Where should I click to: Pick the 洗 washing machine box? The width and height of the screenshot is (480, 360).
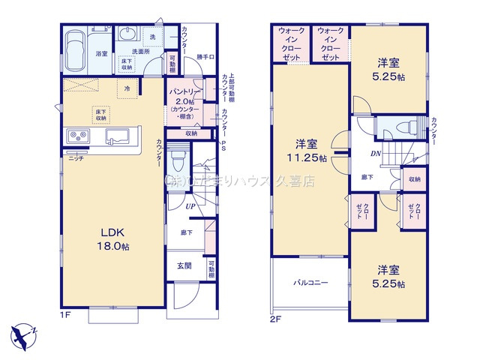(x=153, y=37)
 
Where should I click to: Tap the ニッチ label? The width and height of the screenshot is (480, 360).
(x=76, y=158)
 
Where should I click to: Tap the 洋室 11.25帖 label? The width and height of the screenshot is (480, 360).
(x=310, y=150)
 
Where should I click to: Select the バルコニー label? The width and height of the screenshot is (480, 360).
(x=309, y=283)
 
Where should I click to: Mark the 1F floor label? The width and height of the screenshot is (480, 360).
(x=67, y=316)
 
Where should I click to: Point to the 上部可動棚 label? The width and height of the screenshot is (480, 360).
(x=232, y=89)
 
